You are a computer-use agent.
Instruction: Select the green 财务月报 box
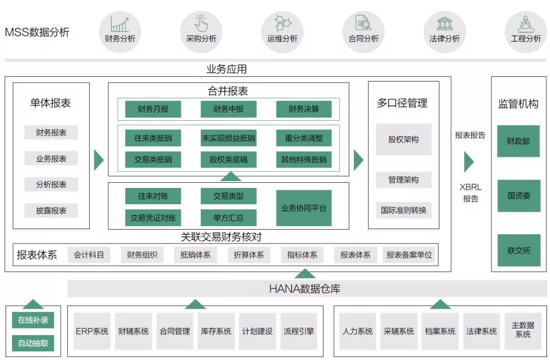[x=153, y=109]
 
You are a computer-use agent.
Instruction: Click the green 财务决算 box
[x=304, y=109]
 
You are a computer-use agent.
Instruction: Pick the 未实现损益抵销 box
[x=228, y=138]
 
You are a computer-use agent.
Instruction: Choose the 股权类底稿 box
[x=228, y=159]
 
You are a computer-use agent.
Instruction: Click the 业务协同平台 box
[x=304, y=208]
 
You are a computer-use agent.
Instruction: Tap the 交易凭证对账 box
[x=153, y=218]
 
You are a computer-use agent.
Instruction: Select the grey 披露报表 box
[x=51, y=210]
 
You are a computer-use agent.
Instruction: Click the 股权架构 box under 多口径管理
[x=403, y=139]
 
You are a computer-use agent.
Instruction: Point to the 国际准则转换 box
[x=403, y=210]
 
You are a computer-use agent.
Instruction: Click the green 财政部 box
[x=518, y=141]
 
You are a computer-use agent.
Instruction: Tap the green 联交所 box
[x=518, y=250]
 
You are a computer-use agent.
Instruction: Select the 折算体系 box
[x=249, y=255]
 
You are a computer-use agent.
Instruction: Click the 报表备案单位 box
[x=409, y=255]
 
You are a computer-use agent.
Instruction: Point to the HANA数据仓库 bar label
[x=305, y=289]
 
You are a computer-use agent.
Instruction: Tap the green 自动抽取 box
[x=33, y=343]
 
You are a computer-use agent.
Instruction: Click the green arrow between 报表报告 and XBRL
[x=469, y=161]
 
